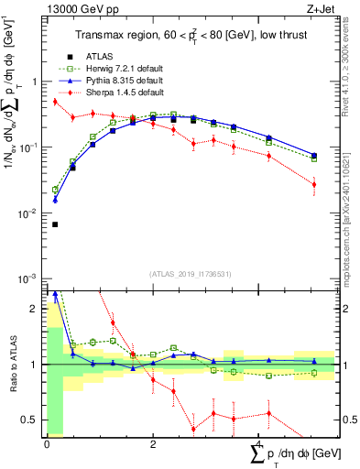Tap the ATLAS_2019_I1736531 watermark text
pos(190,272)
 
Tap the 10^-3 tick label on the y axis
pos(27,278)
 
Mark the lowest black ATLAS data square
pos(55,224)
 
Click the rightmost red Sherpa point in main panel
pos(314,184)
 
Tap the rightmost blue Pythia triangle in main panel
pos(314,155)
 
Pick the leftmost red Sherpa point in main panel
pos(55,102)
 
